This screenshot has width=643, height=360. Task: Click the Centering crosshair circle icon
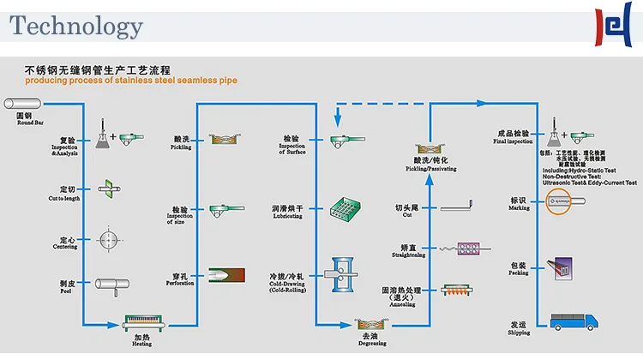108,237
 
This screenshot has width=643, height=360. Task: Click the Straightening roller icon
463,249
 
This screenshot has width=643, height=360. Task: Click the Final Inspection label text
513,137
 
